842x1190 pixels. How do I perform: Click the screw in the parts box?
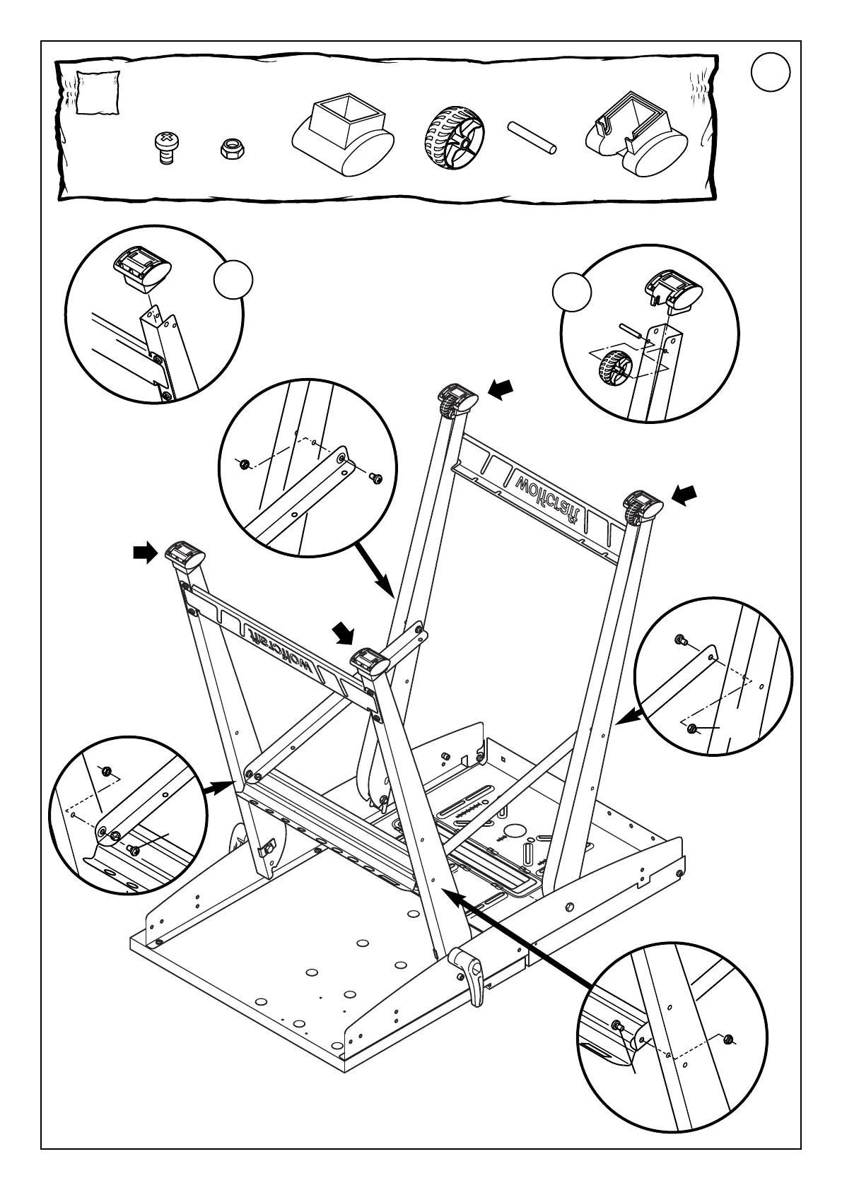tap(167, 146)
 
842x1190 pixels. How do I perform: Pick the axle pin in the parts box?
tap(532, 137)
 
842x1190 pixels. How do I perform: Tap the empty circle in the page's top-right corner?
tap(770, 73)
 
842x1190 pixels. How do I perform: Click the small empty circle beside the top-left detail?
tap(233, 281)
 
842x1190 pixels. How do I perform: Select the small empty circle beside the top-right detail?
tap(571, 293)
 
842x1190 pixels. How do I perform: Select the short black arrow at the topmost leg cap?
tap(501, 387)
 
